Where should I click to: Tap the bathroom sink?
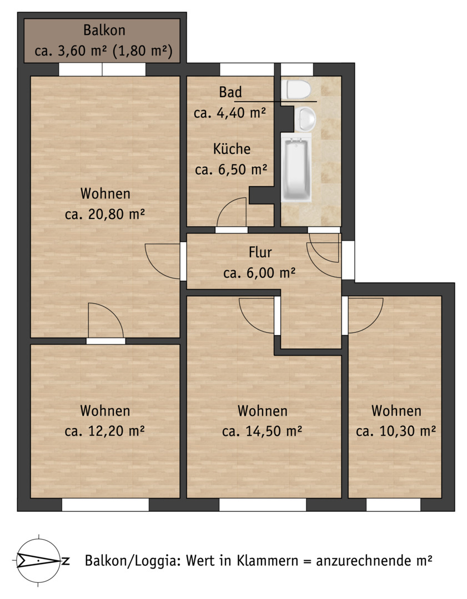point(305,119)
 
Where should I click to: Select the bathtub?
point(297,168)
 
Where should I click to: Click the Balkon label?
point(104,30)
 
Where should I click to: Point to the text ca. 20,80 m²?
point(105,214)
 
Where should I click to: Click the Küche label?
point(232,149)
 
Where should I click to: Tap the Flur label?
point(260,252)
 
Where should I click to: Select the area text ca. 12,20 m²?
point(105,432)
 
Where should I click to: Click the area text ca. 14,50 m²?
point(263,432)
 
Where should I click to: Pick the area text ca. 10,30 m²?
point(396,432)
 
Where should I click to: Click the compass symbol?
point(39,561)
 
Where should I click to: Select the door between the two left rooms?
point(106,321)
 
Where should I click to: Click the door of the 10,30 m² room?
point(365,316)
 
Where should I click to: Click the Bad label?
point(230,92)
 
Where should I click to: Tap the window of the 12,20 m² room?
point(105,505)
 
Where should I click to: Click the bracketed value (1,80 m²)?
point(142,51)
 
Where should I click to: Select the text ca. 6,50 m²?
point(231,169)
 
